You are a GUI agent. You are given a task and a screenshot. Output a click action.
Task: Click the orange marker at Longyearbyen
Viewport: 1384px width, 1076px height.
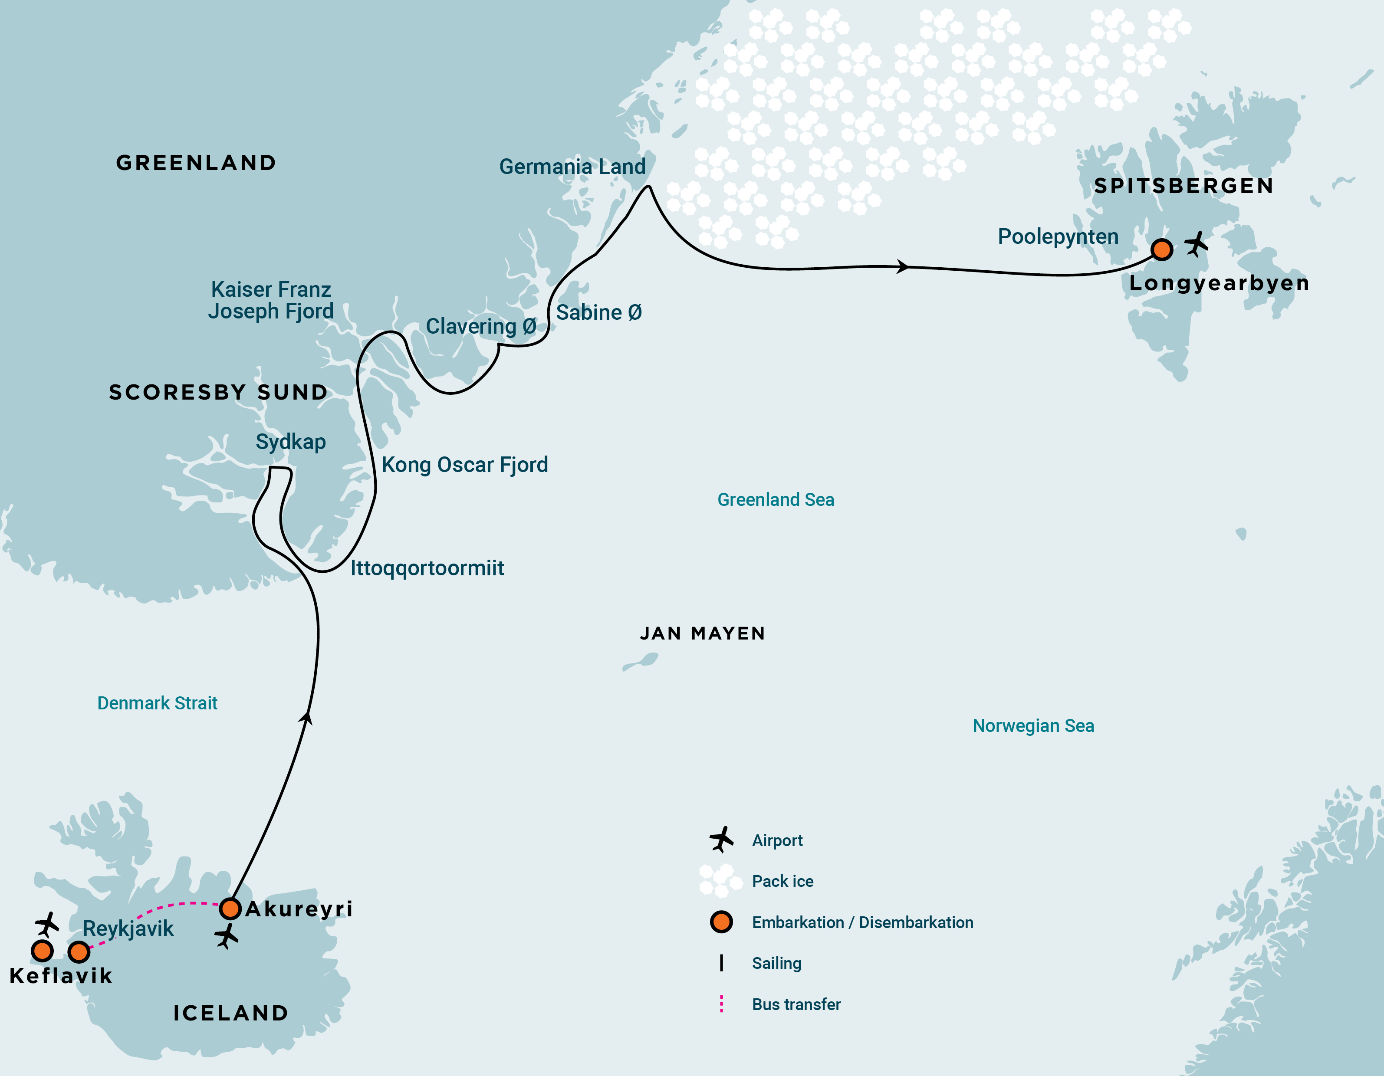pos(1161,249)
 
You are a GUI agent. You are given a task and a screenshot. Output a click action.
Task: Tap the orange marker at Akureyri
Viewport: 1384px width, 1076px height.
pos(230,909)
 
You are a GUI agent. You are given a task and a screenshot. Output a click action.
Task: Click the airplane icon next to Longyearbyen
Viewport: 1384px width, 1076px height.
pos(1197,244)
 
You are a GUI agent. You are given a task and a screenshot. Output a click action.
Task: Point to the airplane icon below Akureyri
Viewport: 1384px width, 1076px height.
pos(226,936)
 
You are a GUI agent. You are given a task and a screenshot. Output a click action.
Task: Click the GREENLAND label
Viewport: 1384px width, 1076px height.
pos(196,163)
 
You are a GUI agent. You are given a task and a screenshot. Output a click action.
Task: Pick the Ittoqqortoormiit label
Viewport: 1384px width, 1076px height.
pos(427,568)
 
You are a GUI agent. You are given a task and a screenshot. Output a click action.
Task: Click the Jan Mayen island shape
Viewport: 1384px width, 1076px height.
pos(641,662)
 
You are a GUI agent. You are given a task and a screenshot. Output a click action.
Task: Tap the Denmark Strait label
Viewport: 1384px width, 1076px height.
pos(157,703)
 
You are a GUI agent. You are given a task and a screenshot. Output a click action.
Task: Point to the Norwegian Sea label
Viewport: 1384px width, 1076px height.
pos(1033,725)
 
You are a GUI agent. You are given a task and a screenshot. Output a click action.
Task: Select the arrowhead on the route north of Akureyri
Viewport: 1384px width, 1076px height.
pos(307,717)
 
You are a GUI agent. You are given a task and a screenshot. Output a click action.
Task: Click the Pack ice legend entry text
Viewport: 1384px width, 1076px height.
pos(782,881)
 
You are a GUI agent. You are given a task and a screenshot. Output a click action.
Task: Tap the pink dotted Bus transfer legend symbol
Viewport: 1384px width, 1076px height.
pos(721,1004)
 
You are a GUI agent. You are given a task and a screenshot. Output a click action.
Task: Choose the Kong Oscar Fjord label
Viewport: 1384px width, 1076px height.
pos(464,465)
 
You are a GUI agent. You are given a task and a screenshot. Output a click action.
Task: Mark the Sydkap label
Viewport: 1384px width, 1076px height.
pos(290,442)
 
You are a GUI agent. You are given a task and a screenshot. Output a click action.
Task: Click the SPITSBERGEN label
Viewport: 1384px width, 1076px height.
pos(1183,186)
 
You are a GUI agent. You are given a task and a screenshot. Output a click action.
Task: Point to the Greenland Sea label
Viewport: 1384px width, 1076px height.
pos(775,499)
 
